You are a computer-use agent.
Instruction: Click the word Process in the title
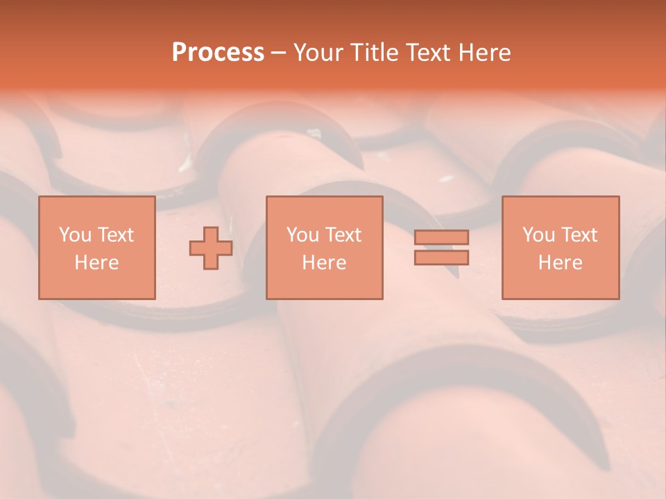(x=218, y=53)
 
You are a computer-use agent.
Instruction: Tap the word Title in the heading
(x=374, y=53)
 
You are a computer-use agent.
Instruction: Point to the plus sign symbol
(x=211, y=248)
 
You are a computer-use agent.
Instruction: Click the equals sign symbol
(x=441, y=247)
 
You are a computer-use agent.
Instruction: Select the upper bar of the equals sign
(x=441, y=238)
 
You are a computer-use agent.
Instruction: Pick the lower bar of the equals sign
(x=441, y=257)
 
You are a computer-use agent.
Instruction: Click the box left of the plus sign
(x=96, y=247)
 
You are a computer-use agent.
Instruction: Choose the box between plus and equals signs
(x=324, y=247)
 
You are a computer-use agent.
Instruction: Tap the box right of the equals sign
(x=560, y=247)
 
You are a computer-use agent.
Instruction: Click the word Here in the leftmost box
(x=96, y=263)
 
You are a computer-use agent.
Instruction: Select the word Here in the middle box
(x=324, y=263)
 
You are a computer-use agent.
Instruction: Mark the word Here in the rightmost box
(x=560, y=263)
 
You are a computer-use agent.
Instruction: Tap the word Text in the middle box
(x=343, y=235)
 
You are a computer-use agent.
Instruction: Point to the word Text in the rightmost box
(x=579, y=235)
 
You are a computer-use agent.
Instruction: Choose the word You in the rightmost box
(x=539, y=235)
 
